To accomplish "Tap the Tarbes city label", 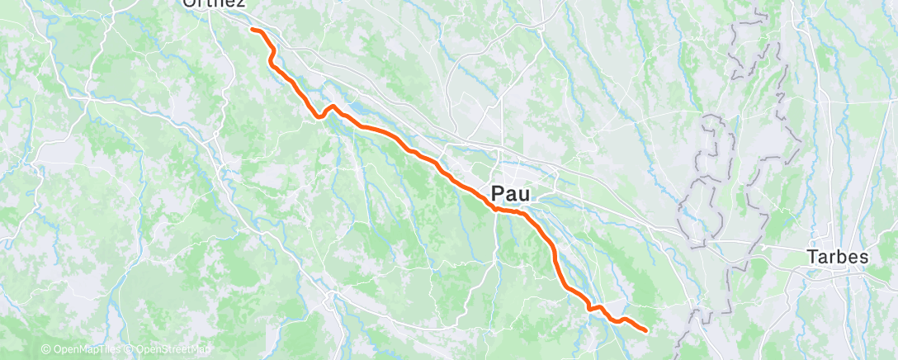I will pyautogui.click(x=838, y=257).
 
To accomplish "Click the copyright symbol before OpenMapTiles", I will pyautogui.click(x=45, y=350).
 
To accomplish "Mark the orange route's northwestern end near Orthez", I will pyautogui.click(x=252, y=30).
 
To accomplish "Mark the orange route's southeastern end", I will pyautogui.click(x=645, y=330).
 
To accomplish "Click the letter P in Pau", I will pyautogui.click(x=498, y=193).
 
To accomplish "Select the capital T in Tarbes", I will pyautogui.click(x=811, y=257).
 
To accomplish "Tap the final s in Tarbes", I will pyautogui.click(x=863, y=258).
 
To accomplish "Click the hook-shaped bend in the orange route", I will pyautogui.click(x=329, y=108).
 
